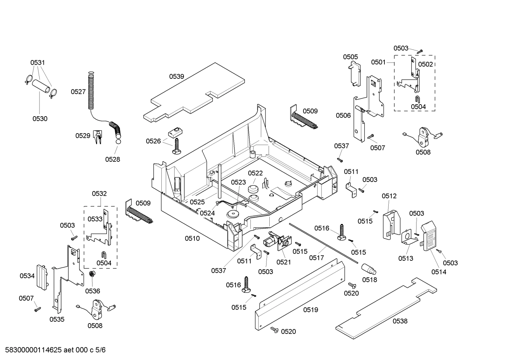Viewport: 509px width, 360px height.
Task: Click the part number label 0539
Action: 176,76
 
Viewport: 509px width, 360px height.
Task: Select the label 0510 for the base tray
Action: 192,238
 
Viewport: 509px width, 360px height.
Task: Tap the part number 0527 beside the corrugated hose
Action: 78,92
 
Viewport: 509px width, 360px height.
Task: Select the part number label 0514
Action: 439,272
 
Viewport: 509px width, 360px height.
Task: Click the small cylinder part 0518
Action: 369,270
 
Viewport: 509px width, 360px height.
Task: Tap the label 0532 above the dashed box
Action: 99,194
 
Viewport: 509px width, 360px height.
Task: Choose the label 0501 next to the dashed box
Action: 378,62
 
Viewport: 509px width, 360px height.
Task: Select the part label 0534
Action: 27,276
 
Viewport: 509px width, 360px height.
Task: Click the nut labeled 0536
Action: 91,274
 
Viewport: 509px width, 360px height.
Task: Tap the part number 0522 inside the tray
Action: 255,173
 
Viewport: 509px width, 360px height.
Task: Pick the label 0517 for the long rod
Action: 316,258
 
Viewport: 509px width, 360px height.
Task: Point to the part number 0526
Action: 153,141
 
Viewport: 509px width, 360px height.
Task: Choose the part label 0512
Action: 389,196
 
